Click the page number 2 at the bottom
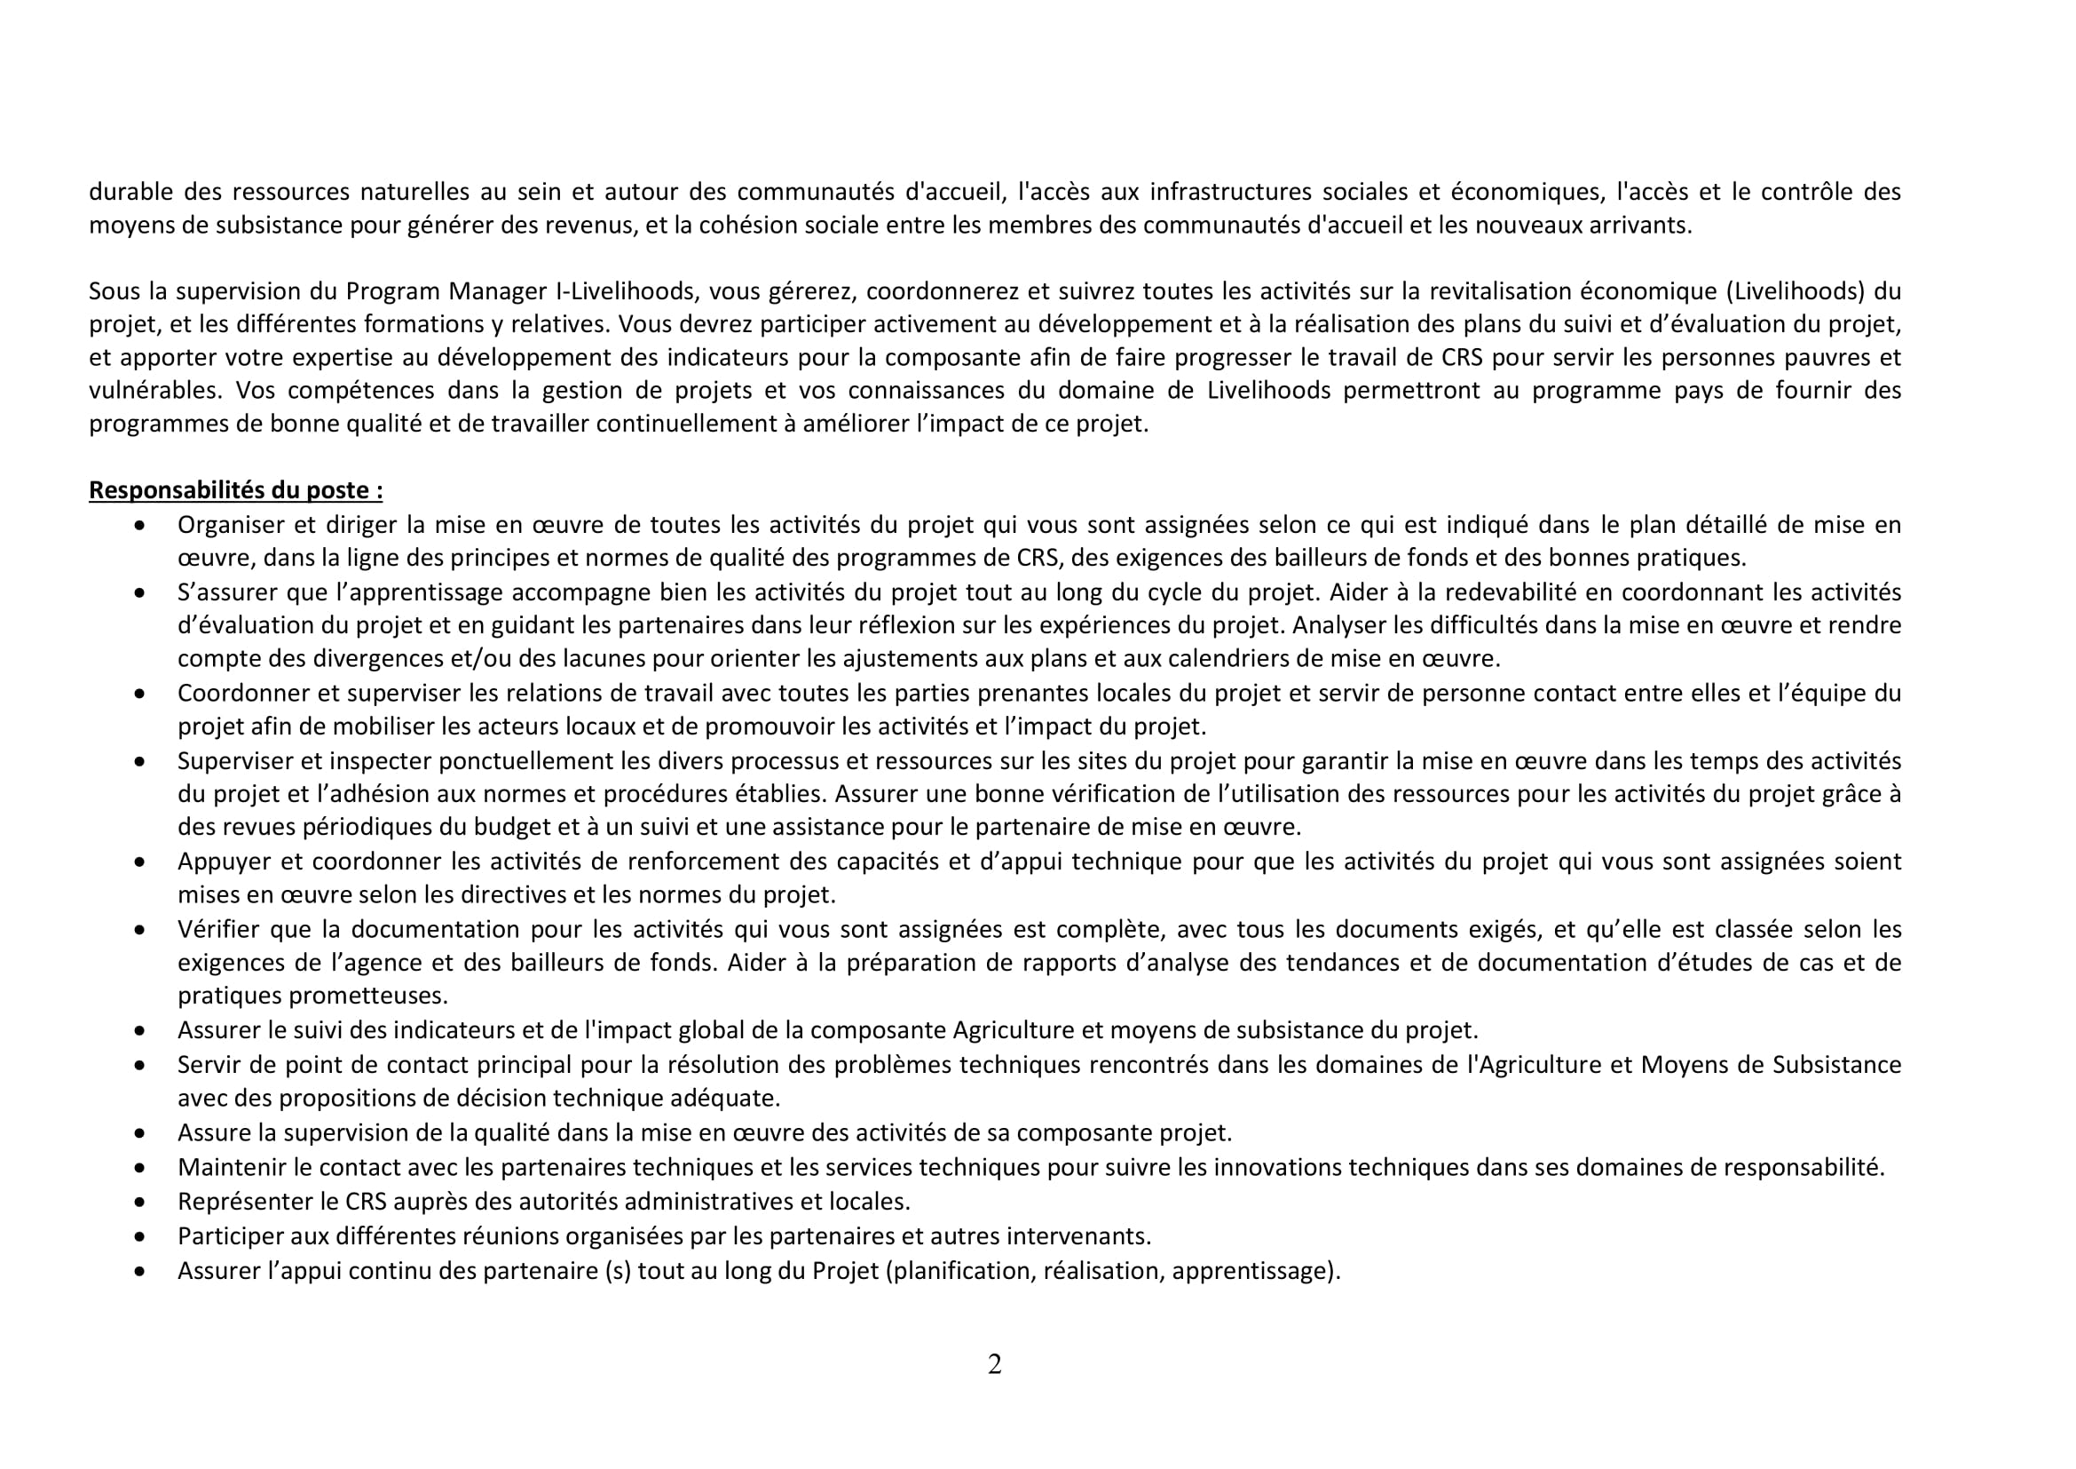995,1364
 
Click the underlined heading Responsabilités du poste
235,490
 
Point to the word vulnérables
154,391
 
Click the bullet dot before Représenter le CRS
139,1203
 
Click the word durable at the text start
130,192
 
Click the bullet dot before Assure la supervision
139,1133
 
